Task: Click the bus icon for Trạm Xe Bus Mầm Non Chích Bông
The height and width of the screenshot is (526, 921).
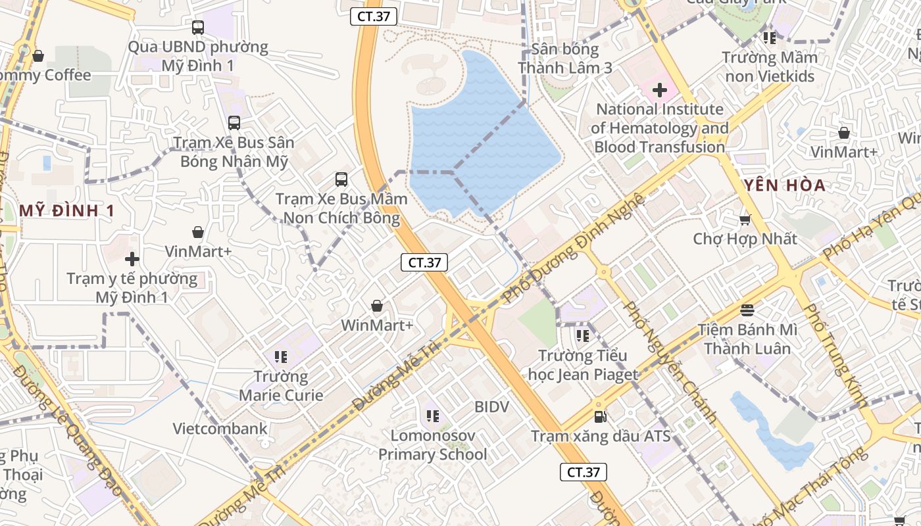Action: pyautogui.click(x=341, y=179)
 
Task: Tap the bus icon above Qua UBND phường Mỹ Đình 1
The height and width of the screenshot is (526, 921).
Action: pyautogui.click(x=198, y=28)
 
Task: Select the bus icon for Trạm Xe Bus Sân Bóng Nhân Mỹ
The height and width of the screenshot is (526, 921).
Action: pyautogui.click(x=234, y=123)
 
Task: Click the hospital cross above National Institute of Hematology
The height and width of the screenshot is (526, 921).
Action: pyautogui.click(x=659, y=90)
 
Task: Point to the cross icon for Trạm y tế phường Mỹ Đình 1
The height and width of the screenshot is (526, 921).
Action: pyautogui.click(x=132, y=259)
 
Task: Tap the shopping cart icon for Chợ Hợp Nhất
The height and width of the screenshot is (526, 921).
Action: pyautogui.click(x=745, y=220)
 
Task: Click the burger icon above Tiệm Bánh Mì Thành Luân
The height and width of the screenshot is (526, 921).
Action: pyautogui.click(x=747, y=310)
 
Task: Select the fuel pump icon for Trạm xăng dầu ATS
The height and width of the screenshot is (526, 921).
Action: pyautogui.click(x=600, y=416)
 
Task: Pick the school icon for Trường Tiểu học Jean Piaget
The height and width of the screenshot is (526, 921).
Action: pyautogui.click(x=582, y=336)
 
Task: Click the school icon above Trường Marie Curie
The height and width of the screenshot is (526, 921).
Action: pyautogui.click(x=281, y=357)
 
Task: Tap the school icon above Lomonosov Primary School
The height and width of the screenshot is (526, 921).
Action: pyautogui.click(x=432, y=416)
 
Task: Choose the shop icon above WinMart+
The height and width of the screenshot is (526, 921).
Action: pyautogui.click(x=377, y=306)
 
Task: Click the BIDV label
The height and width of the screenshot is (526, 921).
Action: pyautogui.click(x=492, y=407)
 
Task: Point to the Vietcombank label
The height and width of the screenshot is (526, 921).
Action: pyautogui.click(x=220, y=429)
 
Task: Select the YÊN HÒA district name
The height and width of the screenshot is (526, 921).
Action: pyautogui.click(x=785, y=185)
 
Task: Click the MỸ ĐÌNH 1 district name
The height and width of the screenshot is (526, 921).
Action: pyautogui.click(x=67, y=211)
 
